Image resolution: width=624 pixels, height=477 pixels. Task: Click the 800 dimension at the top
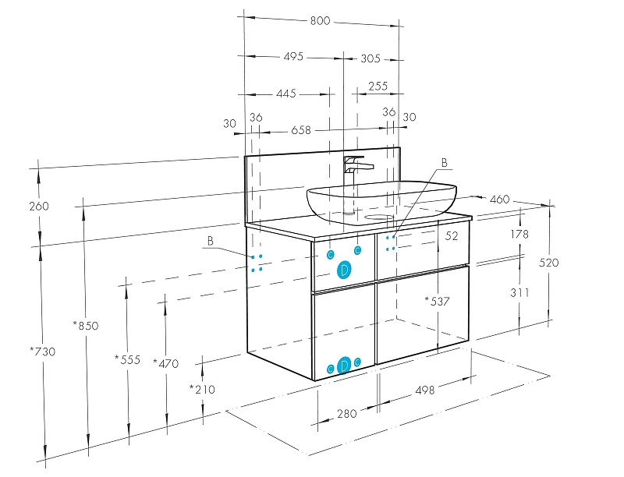point(320,21)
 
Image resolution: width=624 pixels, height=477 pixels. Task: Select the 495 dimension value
point(293,57)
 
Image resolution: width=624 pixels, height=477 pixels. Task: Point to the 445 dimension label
point(286,94)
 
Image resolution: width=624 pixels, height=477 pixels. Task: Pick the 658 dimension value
point(301,130)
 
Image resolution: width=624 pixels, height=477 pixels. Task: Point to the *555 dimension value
point(127,359)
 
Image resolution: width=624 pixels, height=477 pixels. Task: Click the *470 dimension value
point(165,363)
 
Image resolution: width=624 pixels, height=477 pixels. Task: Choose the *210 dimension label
point(202,389)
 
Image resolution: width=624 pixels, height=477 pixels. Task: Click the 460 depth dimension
point(499,200)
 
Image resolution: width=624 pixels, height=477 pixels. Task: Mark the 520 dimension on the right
point(548,263)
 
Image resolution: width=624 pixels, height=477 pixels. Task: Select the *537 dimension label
point(437,301)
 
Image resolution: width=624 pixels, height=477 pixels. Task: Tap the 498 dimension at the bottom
point(425,390)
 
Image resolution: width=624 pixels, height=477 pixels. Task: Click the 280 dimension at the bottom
point(346,413)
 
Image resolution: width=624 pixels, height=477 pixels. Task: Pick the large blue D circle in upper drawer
point(343,270)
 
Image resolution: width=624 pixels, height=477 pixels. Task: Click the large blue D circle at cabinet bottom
point(343,365)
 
